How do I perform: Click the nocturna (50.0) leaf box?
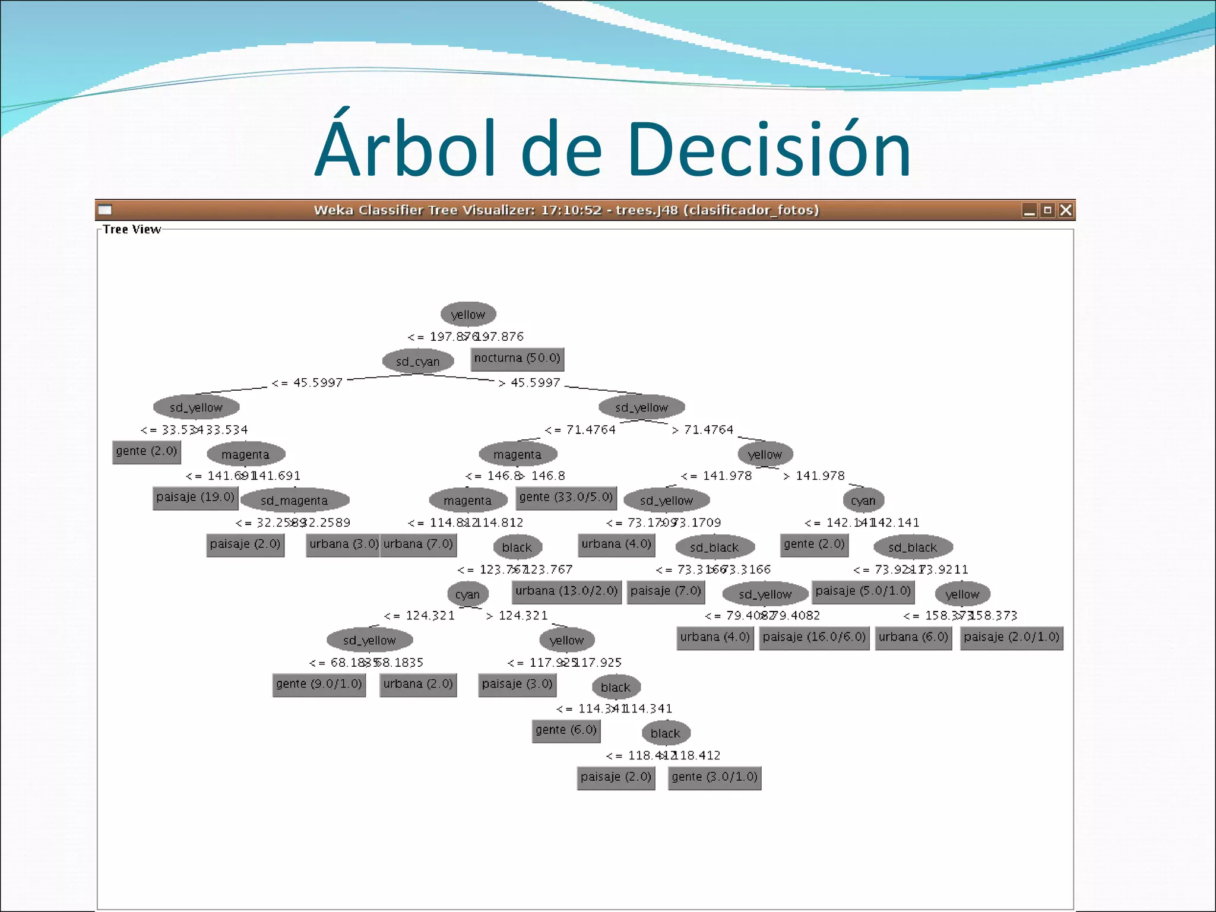(517, 358)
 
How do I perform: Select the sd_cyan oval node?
(418, 361)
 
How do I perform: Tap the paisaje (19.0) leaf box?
(195, 498)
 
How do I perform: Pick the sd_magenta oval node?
(294, 501)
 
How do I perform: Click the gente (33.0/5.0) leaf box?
(566, 498)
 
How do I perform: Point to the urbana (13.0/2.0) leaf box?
(566, 591)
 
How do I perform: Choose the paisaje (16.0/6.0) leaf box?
(814, 638)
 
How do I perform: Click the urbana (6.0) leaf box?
(913, 638)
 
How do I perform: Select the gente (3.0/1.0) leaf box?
(714, 777)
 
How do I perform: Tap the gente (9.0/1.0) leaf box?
(319, 684)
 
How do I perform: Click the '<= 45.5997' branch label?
(307, 383)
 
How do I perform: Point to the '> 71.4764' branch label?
(703, 430)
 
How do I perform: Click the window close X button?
(1066, 210)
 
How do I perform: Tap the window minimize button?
(1029, 210)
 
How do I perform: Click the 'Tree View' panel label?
(131, 230)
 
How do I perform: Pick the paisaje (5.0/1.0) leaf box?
(863, 591)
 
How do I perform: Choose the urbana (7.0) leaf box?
(418, 544)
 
